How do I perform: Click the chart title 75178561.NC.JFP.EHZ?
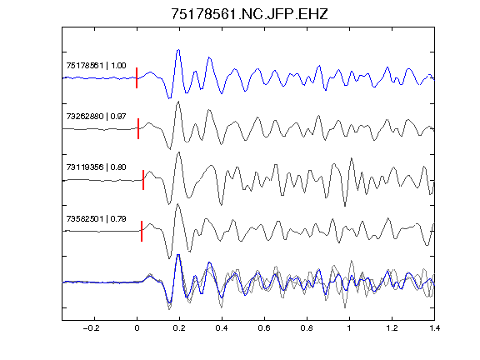pos(249,14)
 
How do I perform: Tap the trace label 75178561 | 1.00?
pos(96,66)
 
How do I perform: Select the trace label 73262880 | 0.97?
pos(96,117)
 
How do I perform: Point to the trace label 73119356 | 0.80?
pos(96,167)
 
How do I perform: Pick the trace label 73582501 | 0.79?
pos(96,218)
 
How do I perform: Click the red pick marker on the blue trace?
pos(137,77)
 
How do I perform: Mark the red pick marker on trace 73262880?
pos(138,128)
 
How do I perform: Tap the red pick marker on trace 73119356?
pos(143,180)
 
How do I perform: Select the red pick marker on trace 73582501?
pos(142,231)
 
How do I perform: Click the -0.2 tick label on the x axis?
pos(92,328)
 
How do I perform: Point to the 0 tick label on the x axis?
pos(137,328)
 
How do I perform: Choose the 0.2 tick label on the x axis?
pos(179,328)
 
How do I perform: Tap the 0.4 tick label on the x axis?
pos(222,328)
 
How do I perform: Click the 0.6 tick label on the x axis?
pos(264,328)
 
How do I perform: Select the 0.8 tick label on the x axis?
pos(307,328)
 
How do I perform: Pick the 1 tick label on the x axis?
pos(349,328)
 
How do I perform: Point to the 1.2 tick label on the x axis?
pos(392,328)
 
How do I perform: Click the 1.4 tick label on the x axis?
pos(434,328)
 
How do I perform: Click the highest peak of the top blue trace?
pos(178,50)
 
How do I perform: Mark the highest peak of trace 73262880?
pos(178,102)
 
